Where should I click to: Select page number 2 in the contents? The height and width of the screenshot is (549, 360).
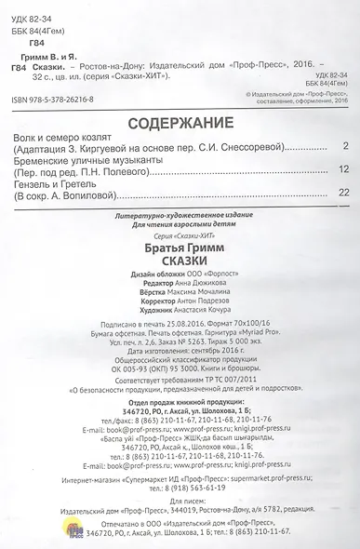tap(344, 146)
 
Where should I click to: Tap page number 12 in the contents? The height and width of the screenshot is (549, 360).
tap(342, 168)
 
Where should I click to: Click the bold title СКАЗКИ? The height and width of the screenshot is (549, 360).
tap(180, 263)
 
